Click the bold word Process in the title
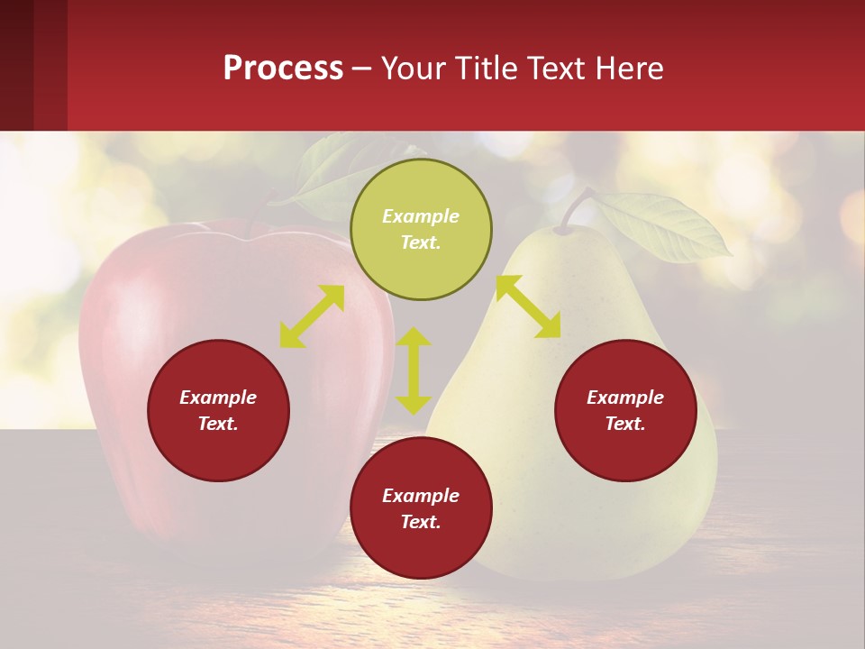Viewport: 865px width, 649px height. (x=283, y=69)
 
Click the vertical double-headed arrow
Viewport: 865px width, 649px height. (x=414, y=370)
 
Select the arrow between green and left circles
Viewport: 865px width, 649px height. (x=312, y=316)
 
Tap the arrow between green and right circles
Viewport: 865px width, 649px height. (x=528, y=306)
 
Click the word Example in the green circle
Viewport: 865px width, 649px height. (x=421, y=216)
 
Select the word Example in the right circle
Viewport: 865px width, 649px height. (x=625, y=398)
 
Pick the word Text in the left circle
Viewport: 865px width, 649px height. (x=218, y=424)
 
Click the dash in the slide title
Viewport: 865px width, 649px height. (x=362, y=69)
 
